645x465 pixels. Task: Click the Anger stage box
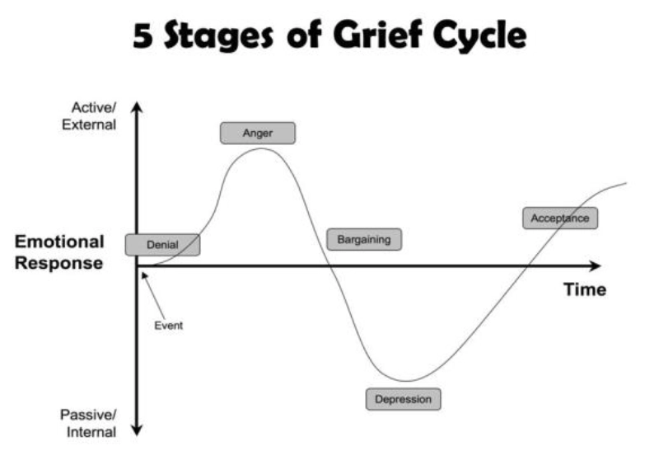pos(258,133)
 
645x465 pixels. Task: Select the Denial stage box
pos(163,245)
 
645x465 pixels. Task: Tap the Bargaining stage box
pos(364,239)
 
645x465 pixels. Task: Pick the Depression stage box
pos(403,399)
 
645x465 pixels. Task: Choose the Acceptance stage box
pos(560,218)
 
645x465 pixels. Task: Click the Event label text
pos(169,326)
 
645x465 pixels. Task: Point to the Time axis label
pos(585,289)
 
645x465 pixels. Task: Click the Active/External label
pos(89,116)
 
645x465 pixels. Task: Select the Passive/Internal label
pos(89,424)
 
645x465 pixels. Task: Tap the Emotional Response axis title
pos(59,252)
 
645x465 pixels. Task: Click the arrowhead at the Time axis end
pos(596,266)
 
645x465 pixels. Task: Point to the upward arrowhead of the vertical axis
pos(137,107)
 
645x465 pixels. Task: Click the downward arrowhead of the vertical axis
pos(137,430)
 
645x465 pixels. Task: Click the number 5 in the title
pos(143,36)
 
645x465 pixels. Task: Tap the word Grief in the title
pos(377,35)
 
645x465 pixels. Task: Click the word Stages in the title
pos(218,36)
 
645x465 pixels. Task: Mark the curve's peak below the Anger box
pos(261,148)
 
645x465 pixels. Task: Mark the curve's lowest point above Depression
pos(405,381)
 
